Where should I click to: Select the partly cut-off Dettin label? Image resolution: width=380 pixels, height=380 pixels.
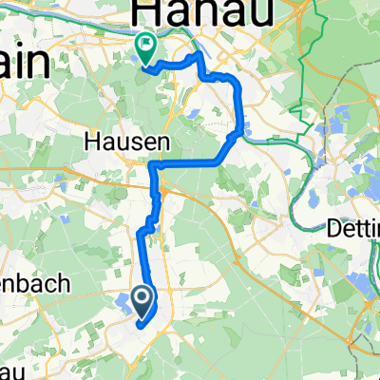tap(355, 229)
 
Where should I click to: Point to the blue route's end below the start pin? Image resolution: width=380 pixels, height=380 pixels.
tap(141, 326)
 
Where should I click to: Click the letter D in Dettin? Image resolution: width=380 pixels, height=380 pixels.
tap(333, 229)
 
